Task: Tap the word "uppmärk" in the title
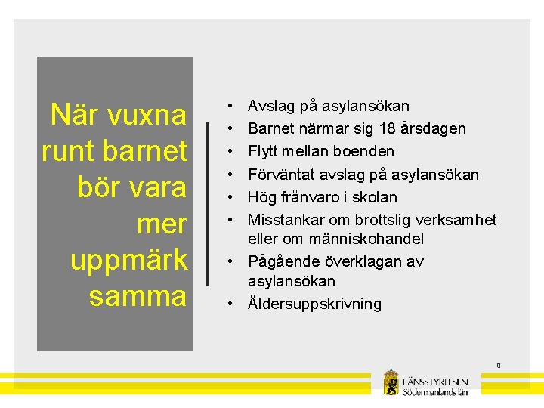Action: pos(128,260)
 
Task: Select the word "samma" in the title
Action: pos(138,295)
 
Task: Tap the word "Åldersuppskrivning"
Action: pos(314,304)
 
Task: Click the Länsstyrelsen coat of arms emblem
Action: pos(391,382)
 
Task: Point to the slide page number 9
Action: pos(499,366)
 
